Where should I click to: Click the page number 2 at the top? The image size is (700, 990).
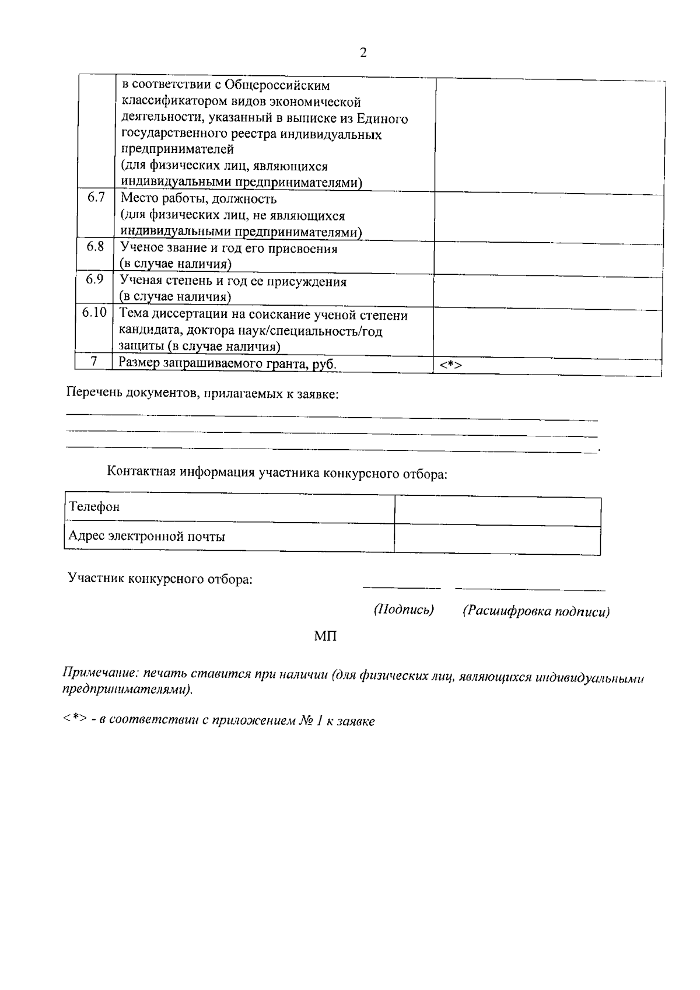tap(363, 53)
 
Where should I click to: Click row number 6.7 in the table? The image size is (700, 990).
tap(96, 197)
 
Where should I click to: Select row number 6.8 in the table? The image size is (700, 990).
tap(96, 247)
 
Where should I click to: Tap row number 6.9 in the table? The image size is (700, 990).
tap(95, 279)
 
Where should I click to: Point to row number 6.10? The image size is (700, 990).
tap(94, 313)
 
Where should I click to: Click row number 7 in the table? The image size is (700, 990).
tap(93, 362)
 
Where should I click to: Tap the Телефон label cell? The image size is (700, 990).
tap(94, 506)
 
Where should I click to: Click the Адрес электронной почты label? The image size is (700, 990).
tap(147, 536)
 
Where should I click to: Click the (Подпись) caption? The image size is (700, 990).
tap(404, 610)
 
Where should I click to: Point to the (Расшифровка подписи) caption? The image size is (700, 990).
tap(536, 611)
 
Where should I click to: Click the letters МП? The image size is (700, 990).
tap(325, 636)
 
